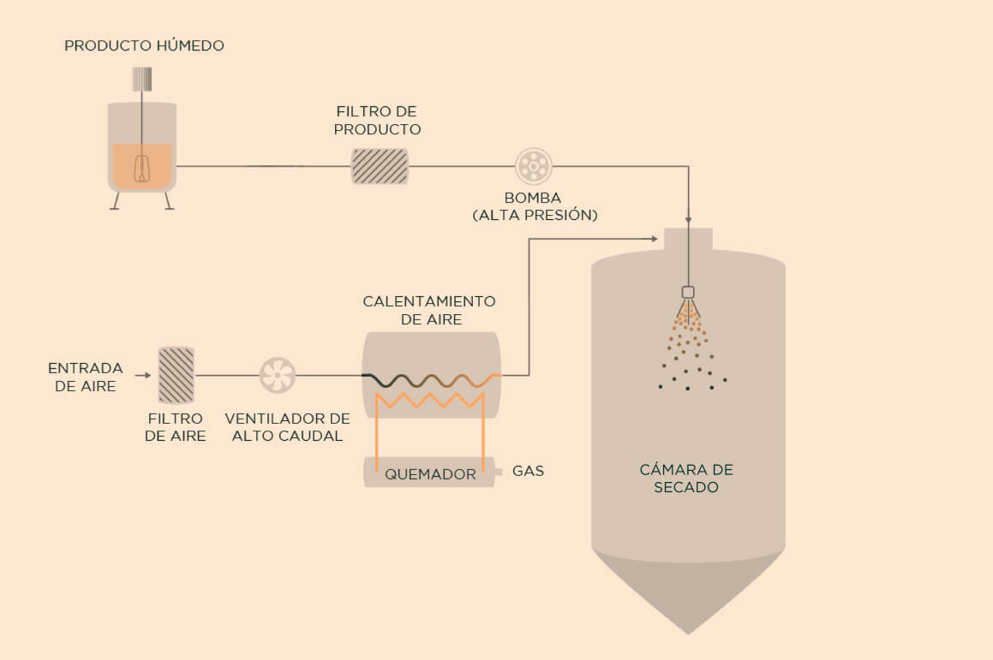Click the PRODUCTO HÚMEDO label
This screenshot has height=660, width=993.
(144, 45)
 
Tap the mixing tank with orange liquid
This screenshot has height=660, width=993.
(142, 154)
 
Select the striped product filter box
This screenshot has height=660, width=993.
(380, 166)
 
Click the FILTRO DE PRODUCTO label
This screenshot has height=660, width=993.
(378, 121)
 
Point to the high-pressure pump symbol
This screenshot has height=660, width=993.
(533, 165)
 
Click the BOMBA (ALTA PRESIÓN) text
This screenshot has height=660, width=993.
(534, 207)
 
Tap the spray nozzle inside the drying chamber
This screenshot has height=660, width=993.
(688, 293)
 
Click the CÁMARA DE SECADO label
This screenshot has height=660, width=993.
(686, 479)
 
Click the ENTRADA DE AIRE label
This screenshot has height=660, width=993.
(86, 377)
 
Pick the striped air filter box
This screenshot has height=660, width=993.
(176, 375)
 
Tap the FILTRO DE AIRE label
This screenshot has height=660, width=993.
(176, 427)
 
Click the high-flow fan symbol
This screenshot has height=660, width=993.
(278, 375)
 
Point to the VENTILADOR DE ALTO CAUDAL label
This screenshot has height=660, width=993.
(287, 427)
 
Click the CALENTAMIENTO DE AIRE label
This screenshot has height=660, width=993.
(429, 311)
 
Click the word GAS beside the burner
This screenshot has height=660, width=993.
(528, 471)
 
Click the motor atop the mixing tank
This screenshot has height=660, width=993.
(142, 79)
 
